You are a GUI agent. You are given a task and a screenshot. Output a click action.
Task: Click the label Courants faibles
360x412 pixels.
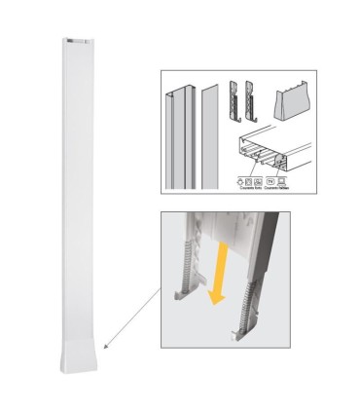click(x=281, y=189)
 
